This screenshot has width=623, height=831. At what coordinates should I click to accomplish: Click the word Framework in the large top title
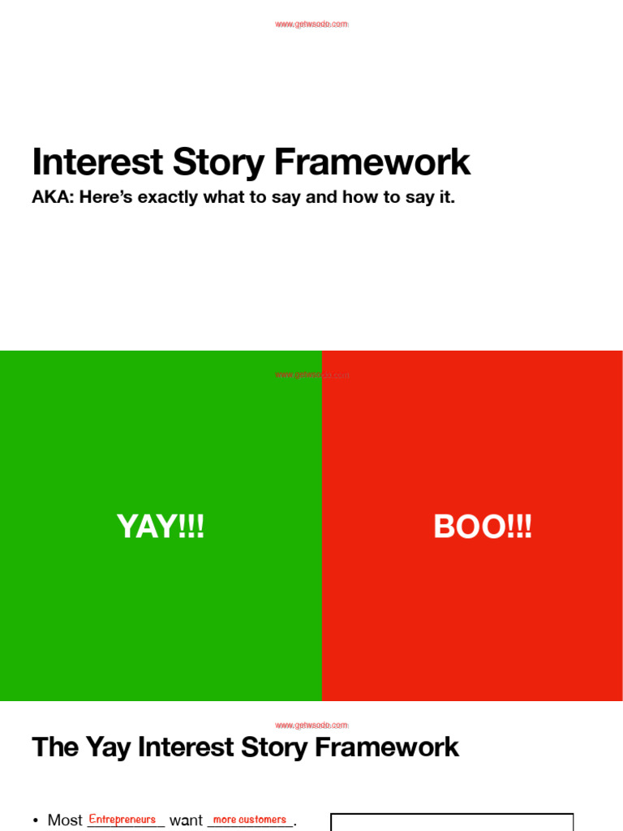click(372, 162)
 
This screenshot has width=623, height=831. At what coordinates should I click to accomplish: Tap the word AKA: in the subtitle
click(52, 197)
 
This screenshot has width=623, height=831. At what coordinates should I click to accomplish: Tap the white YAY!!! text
click(161, 527)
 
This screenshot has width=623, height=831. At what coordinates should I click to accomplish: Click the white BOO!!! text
click(483, 527)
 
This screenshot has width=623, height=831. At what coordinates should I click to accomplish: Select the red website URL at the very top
click(311, 24)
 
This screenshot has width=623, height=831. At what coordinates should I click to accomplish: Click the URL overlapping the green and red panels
click(311, 375)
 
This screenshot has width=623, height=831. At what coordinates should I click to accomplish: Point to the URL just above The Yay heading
click(311, 725)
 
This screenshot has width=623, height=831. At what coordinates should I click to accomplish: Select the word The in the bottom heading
click(55, 747)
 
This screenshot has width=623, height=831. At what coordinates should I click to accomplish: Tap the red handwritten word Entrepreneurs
click(122, 820)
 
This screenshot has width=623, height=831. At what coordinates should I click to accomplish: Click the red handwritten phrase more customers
click(249, 820)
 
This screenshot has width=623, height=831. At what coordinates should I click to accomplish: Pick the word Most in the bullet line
click(65, 820)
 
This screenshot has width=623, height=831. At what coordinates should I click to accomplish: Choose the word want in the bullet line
click(186, 820)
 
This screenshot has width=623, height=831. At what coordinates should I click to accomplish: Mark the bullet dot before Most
click(36, 821)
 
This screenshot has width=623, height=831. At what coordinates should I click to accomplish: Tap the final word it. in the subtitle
click(446, 197)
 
